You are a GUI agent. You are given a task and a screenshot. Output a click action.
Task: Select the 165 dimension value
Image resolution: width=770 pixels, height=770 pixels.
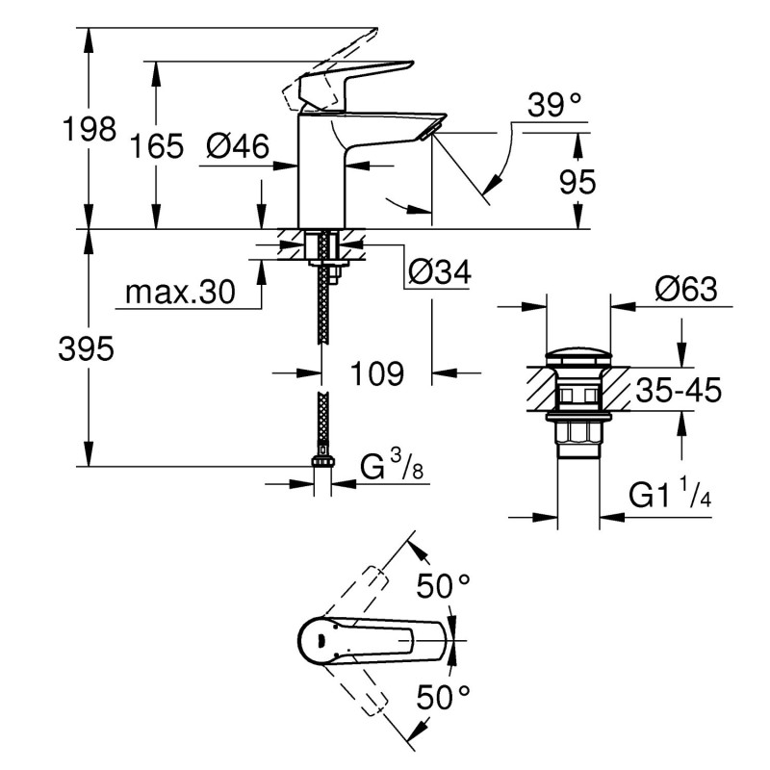157,147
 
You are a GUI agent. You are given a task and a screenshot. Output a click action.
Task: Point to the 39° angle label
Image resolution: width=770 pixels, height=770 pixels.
556,106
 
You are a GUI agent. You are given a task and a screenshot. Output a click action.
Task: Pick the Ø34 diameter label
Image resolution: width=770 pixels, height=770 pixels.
439,273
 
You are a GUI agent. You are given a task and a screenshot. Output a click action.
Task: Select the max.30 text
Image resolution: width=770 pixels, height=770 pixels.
180,293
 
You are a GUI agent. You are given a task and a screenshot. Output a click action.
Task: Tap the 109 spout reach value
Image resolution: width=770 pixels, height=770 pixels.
376,373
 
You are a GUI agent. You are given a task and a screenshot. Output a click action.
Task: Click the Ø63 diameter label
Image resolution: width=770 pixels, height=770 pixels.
685,289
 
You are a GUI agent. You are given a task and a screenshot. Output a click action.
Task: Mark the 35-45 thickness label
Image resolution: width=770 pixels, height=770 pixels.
678,391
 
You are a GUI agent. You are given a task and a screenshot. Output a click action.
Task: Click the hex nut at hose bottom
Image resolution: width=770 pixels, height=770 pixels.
323,463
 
